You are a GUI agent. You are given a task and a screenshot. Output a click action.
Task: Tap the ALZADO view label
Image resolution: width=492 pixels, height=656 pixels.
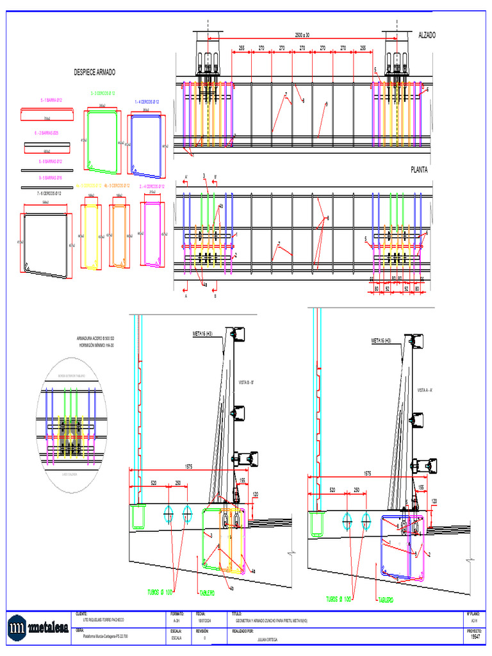tap(427, 35)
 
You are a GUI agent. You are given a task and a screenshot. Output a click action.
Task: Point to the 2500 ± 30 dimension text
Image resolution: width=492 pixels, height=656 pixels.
tap(297, 35)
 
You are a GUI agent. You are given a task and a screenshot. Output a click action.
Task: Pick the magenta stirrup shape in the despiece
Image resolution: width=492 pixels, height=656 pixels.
tap(152, 234)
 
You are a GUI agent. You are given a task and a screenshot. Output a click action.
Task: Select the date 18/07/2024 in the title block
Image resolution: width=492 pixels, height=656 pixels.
tap(204, 621)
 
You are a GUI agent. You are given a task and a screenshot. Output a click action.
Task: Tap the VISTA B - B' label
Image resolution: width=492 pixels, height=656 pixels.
tap(247, 383)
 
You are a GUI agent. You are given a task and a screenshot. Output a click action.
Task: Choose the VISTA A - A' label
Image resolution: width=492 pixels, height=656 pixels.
tap(426, 389)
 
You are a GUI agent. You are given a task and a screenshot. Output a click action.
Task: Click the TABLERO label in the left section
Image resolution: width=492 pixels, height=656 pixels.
tap(206, 593)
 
